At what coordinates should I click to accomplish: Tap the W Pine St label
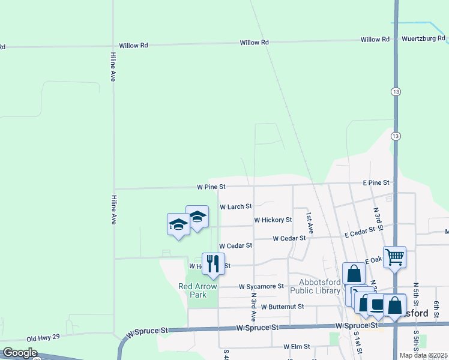click(211, 187)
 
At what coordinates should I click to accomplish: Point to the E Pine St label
click(376, 182)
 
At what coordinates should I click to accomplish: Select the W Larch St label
click(235, 206)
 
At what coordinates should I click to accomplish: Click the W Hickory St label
click(273, 220)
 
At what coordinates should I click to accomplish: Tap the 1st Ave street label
click(310, 222)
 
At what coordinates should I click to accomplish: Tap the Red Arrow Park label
click(197, 290)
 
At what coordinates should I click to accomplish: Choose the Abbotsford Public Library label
click(315, 287)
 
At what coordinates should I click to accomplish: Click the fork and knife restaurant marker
click(213, 263)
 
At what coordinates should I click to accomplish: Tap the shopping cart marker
click(394, 257)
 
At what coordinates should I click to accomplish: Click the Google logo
click(20, 353)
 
